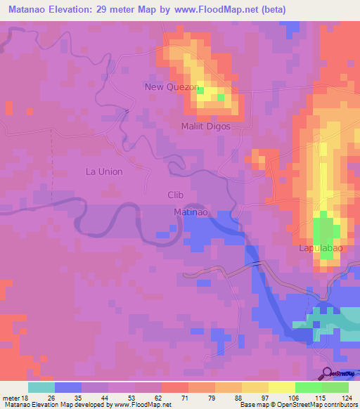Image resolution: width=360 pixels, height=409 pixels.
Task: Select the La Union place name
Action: (104, 171)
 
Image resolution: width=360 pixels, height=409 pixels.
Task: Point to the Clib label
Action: (176, 195)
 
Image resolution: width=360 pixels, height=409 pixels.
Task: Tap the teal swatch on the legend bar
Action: (41, 387)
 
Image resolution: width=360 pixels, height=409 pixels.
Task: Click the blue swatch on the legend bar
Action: (68, 387)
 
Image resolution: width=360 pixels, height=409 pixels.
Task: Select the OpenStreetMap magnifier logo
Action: (328, 374)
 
